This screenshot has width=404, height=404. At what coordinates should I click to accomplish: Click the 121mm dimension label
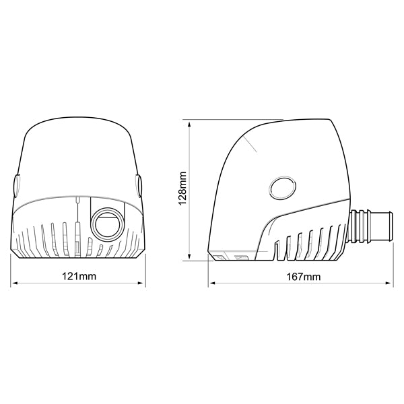[79, 277]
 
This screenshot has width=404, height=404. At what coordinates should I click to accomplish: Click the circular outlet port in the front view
[107, 223]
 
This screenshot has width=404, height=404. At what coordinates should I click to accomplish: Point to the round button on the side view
[281, 188]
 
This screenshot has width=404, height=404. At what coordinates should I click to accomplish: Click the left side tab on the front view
[16, 186]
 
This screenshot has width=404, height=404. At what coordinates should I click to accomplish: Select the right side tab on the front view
[139, 186]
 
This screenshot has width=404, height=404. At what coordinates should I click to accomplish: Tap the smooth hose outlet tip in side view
[383, 226]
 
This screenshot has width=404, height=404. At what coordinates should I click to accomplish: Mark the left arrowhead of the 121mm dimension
[15, 283]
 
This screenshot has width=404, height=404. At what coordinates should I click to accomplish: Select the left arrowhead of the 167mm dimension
[211, 283]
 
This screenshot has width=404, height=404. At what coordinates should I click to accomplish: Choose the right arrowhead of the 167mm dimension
[391, 283]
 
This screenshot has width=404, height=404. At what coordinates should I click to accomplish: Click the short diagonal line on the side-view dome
[252, 145]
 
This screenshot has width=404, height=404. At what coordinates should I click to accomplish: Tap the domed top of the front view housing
[77, 135]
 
